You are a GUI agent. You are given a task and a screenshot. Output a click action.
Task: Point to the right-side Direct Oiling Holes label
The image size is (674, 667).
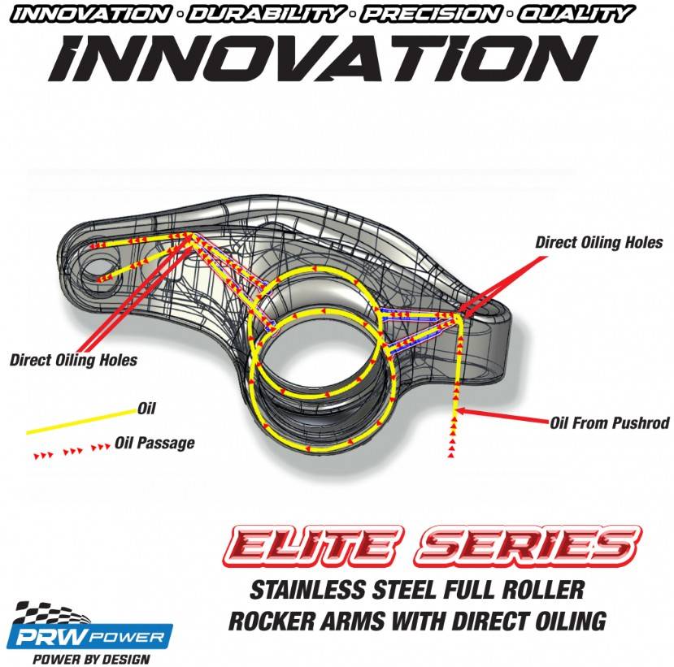click(599, 242)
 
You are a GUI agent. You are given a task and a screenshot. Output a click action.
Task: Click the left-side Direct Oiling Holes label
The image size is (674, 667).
click(73, 359)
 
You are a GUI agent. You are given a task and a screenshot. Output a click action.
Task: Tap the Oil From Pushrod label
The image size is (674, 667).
click(609, 422)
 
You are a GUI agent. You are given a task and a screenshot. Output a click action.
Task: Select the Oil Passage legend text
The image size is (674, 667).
click(154, 443)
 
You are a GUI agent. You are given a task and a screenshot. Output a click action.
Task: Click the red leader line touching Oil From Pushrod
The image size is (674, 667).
click(504, 418)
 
